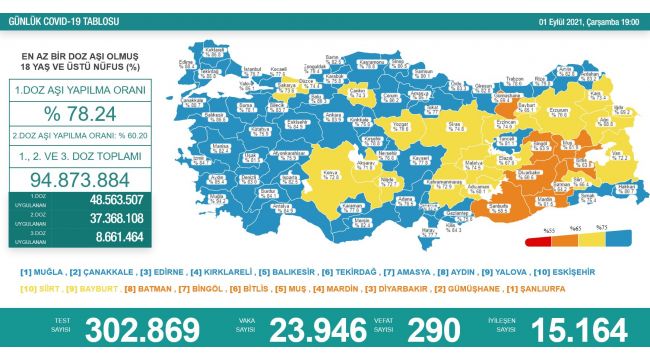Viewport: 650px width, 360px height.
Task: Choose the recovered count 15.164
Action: [x=574, y=331]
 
